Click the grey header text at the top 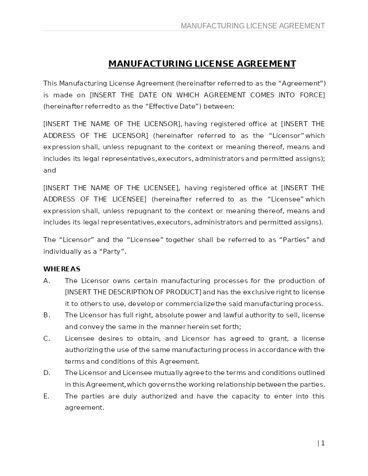point(253,26)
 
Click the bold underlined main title point(202,64)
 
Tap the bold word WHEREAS point(62,269)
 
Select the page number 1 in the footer point(323,443)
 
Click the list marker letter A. point(46,281)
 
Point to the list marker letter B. point(46,315)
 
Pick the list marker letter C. point(46,339)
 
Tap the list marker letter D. point(46,373)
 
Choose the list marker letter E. point(46,396)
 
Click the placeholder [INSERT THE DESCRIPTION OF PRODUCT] point(133,292)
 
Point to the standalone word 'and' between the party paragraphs point(50,170)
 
